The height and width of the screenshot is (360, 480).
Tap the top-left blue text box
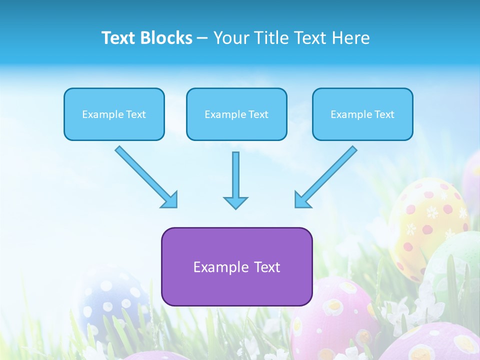click(x=114, y=114)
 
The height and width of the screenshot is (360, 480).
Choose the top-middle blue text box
click(x=236, y=114)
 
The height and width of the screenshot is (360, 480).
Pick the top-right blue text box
click(x=362, y=114)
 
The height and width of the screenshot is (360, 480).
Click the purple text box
click(x=236, y=266)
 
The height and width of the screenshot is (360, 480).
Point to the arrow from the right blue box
click(x=327, y=175)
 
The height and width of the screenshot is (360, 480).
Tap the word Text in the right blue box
click(x=384, y=114)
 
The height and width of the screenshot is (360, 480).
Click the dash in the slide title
click(x=202, y=38)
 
